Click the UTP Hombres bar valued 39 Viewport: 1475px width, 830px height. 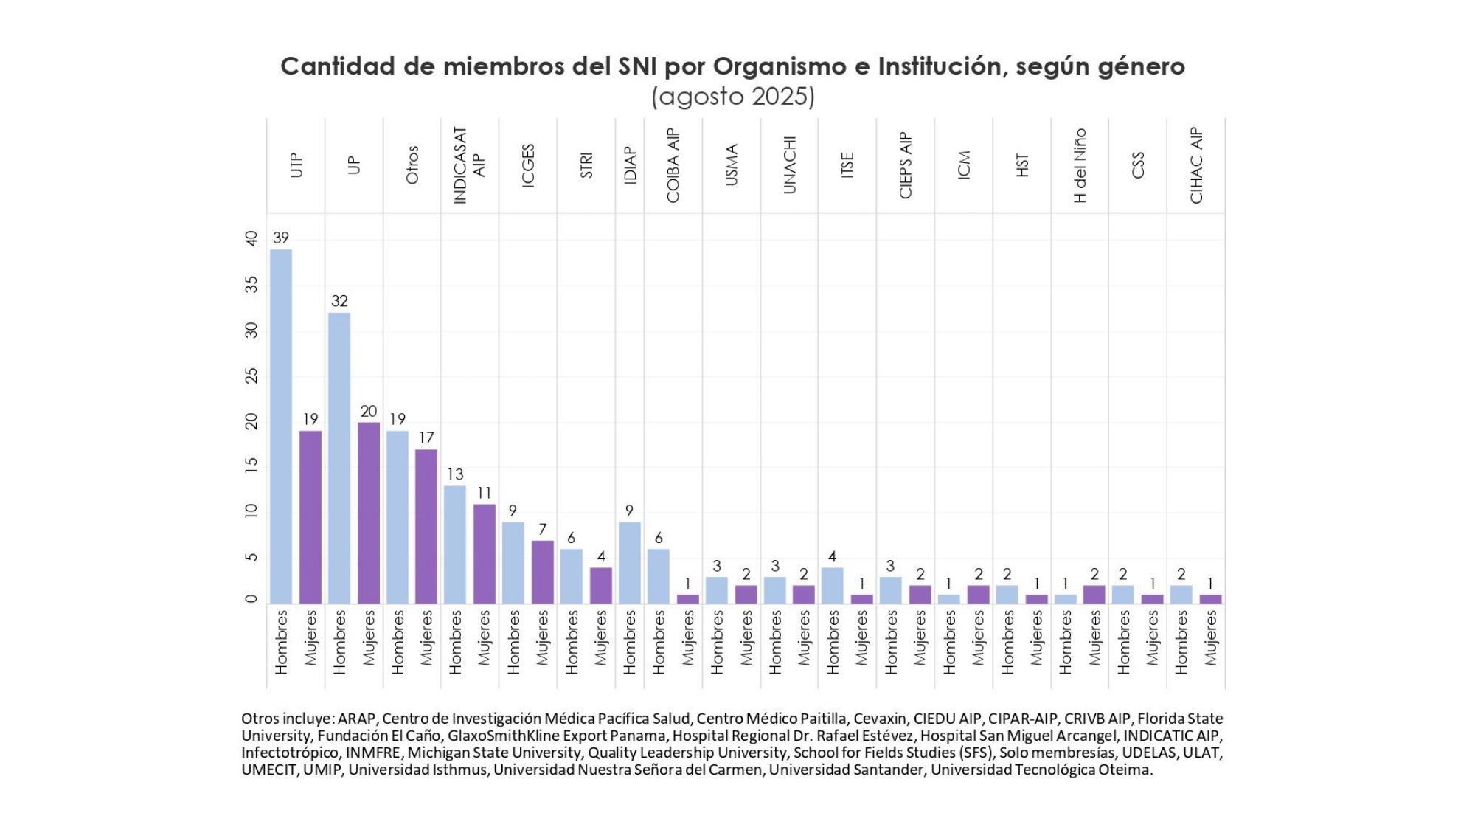point(281,426)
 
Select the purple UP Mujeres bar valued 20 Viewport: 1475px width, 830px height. point(369,513)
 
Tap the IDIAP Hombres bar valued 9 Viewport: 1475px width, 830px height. point(629,563)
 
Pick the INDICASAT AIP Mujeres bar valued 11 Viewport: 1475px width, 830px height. point(484,553)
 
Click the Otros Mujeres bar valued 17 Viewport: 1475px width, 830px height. point(426,526)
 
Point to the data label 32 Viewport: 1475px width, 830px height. point(339,301)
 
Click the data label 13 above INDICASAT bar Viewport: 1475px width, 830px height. point(455,474)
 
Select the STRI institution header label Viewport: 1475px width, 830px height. point(586,165)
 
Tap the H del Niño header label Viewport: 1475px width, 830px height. point(1080,165)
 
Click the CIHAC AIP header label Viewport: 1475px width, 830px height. point(1196,165)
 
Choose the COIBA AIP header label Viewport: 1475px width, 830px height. point(673,165)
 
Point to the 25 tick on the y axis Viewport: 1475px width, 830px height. point(252,376)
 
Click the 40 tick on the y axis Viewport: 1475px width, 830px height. point(252,239)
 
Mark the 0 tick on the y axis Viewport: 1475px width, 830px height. point(252,599)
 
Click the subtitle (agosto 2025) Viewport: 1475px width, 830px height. point(732,97)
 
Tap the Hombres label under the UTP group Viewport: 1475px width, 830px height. point(281,642)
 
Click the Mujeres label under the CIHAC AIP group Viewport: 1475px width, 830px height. point(1210,638)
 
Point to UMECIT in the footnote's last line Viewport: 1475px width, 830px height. point(270,770)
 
